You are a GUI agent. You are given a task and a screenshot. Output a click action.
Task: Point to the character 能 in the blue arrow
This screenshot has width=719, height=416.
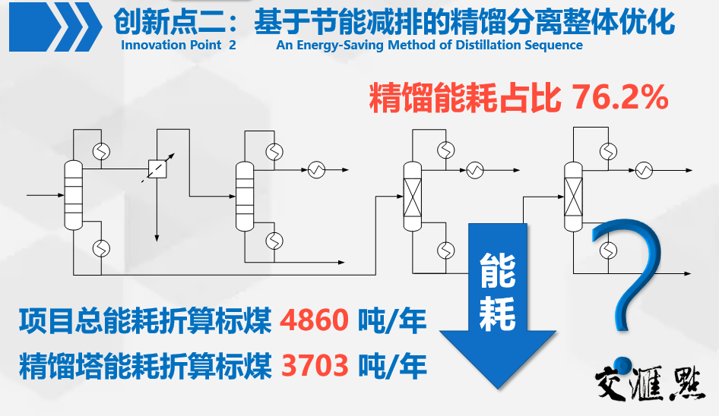(497, 269)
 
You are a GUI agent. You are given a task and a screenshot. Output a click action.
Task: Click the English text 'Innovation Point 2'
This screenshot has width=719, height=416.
(179, 45)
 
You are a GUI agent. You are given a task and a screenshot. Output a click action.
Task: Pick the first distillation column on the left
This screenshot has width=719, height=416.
(73, 195)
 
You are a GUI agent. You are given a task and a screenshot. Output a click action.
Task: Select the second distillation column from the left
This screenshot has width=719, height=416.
(243, 195)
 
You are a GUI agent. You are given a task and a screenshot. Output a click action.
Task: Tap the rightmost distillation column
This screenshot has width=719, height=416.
(574, 195)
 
